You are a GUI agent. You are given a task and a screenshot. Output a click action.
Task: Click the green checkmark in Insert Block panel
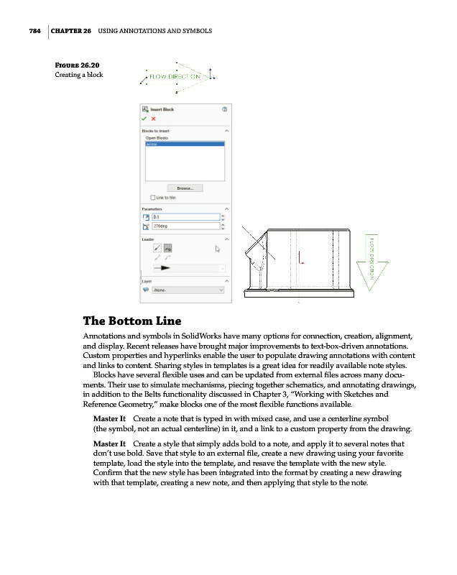(x=145, y=119)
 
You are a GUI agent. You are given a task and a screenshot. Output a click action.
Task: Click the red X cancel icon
(x=153, y=119)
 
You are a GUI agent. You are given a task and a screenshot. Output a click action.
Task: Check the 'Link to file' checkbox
(x=152, y=198)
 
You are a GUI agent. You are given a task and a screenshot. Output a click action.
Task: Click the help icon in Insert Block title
(x=225, y=110)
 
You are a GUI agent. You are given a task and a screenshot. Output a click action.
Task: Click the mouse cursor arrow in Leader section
(x=218, y=249)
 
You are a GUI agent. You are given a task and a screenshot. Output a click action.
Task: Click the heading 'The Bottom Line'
(x=132, y=321)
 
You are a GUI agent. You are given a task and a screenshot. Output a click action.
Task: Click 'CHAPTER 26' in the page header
(x=70, y=31)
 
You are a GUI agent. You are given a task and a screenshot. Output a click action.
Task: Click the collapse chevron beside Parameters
(x=227, y=208)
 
